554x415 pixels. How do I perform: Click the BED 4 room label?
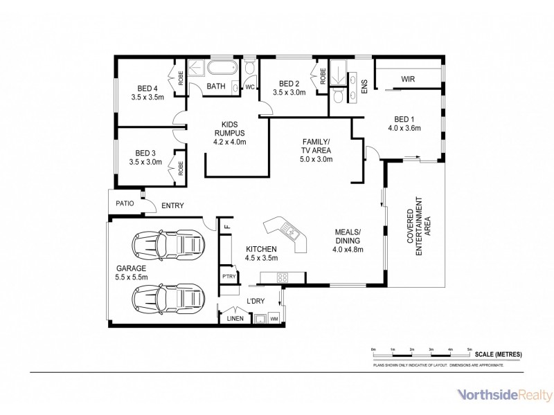coord(148,88)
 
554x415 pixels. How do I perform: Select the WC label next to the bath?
coord(250,87)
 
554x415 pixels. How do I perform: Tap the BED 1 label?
coord(404,118)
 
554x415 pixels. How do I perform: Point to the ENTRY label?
coord(172,205)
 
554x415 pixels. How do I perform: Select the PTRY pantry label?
coord(229,277)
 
